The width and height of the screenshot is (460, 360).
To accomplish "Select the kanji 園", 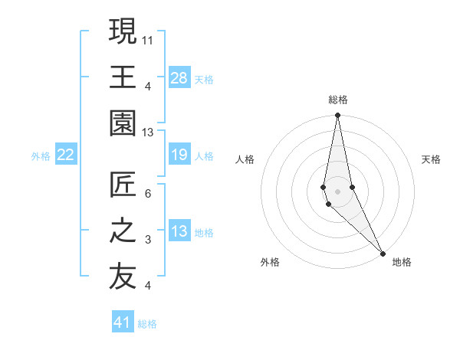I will [x=123, y=123].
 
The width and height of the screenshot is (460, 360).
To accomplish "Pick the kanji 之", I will [x=123, y=232].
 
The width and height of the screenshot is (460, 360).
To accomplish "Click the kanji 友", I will [x=123, y=278].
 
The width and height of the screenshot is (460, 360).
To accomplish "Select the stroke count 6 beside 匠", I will [x=148, y=194].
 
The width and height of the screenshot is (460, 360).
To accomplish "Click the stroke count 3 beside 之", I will [x=148, y=241].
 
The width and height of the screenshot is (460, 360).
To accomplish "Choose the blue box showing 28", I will [x=179, y=77].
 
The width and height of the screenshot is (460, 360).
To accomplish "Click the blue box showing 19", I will [x=179, y=155].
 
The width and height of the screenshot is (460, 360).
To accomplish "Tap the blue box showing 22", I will [x=65, y=155].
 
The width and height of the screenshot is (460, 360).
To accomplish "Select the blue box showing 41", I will [x=123, y=322].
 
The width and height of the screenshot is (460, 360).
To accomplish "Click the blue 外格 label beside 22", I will [x=41, y=156].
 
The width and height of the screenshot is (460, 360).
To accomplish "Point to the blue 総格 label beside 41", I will [x=148, y=324].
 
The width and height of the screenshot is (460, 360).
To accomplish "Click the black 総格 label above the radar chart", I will [x=337, y=100].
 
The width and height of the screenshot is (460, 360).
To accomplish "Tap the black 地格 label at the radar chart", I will [x=402, y=262].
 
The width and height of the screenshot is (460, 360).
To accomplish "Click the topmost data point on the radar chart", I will [x=337, y=116].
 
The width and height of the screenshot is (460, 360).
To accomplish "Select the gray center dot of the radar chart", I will [x=337, y=180].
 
